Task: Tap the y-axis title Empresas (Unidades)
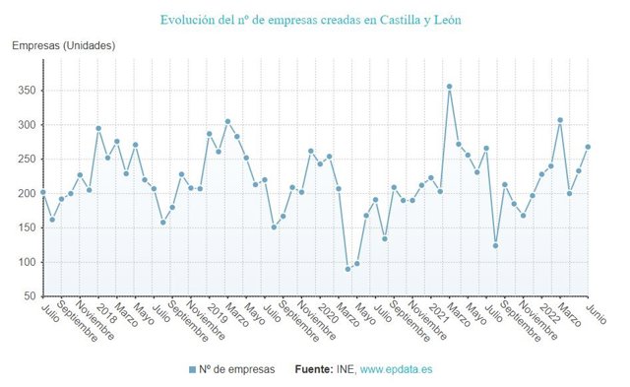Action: click(63, 46)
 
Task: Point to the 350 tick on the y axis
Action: click(26, 91)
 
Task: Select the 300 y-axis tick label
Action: click(26, 125)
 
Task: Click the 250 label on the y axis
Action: click(26, 160)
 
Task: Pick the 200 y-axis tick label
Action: click(26, 194)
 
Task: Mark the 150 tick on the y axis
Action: click(26, 227)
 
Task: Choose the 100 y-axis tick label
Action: click(26, 262)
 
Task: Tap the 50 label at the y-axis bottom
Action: click(30, 296)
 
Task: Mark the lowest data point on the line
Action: click(347, 269)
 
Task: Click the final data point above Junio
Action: click(588, 147)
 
